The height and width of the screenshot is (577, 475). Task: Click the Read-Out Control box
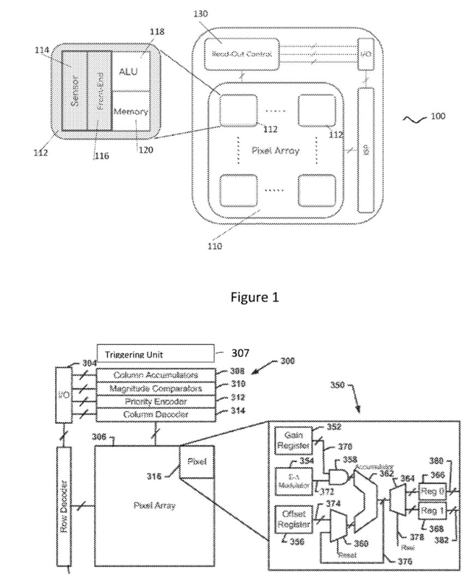pyautogui.click(x=241, y=55)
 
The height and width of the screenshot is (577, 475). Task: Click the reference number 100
pyautogui.click(x=437, y=116)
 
